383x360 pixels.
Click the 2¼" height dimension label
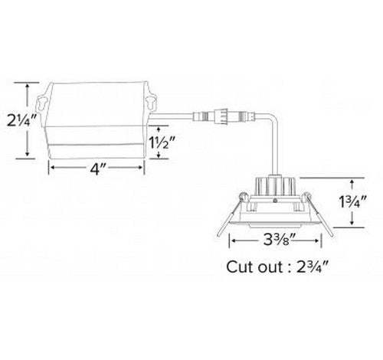click(x=22, y=121)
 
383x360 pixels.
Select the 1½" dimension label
click(x=162, y=142)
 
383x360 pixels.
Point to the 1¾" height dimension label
click(x=353, y=202)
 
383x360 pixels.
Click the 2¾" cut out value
click(x=313, y=267)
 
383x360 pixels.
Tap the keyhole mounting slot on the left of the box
click(x=42, y=103)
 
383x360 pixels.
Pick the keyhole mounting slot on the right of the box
click(x=151, y=102)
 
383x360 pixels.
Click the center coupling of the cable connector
click(x=221, y=116)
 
